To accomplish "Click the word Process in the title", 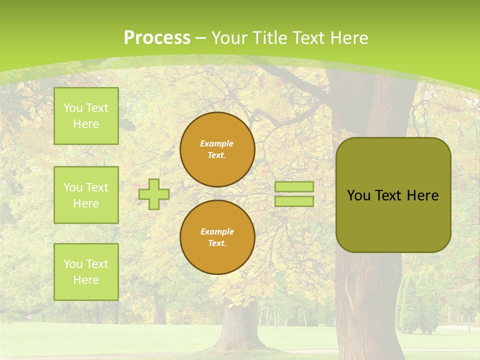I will [157, 38].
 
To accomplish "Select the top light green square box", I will [86, 116].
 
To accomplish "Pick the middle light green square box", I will [86, 195].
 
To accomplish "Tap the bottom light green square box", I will [86, 272].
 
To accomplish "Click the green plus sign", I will [154, 194].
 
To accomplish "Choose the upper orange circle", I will [217, 149].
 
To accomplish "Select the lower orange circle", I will [217, 237].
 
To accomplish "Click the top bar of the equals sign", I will [294, 186].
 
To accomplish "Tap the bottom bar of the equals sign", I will [294, 201].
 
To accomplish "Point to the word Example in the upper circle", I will [217, 143].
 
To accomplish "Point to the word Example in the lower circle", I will [217, 231].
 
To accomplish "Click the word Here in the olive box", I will [422, 195].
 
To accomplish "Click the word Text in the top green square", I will [97, 108].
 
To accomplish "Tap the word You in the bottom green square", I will [73, 264].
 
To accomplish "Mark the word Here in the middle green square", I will [86, 203].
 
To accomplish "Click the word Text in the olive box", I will [388, 195].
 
